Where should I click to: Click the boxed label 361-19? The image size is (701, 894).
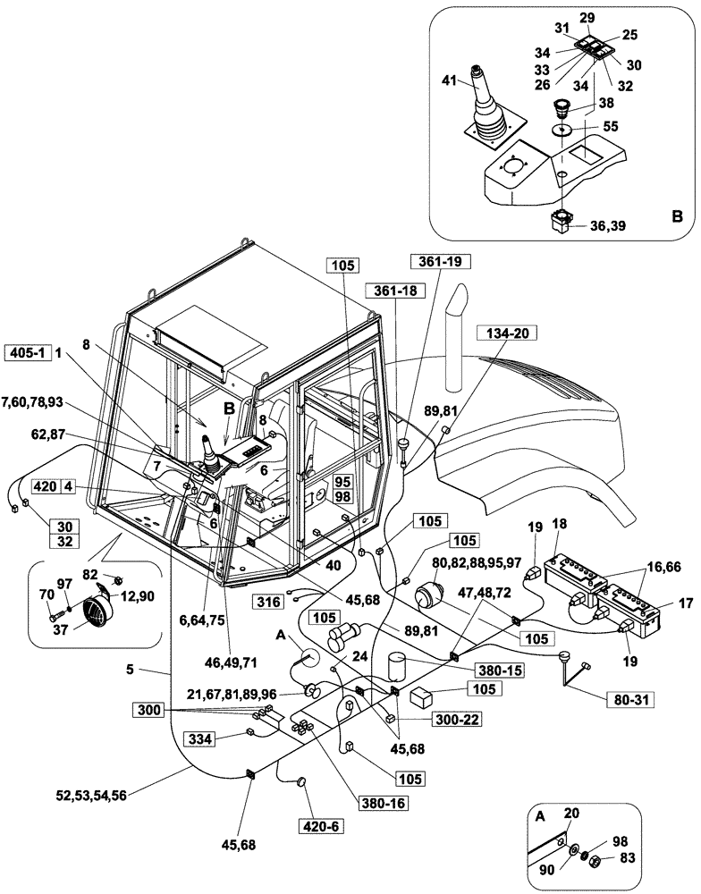click(x=436, y=262)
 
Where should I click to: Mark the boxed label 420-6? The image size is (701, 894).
click(x=320, y=826)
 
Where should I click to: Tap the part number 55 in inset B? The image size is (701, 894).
click(x=610, y=128)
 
